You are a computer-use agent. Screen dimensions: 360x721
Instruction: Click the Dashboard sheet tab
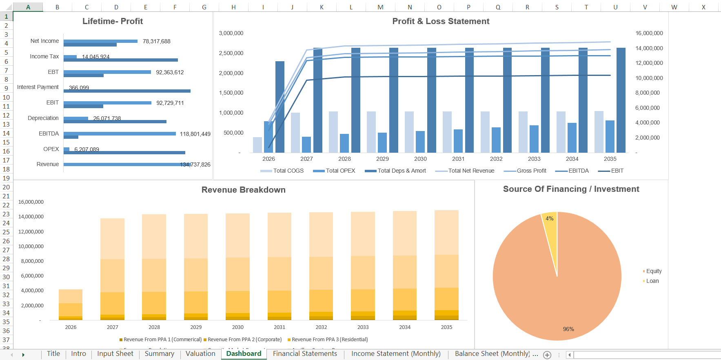(x=244, y=354)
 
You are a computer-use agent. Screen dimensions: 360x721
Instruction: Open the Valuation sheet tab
(x=200, y=354)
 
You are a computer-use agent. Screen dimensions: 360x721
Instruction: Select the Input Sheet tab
(x=115, y=354)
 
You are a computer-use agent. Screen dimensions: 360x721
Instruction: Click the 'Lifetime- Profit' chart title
(x=113, y=21)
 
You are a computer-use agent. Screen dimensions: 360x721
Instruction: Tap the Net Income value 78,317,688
(x=156, y=41)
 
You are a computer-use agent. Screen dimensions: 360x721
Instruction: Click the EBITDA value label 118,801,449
(x=195, y=134)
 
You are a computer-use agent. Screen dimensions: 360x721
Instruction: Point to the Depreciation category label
(x=43, y=118)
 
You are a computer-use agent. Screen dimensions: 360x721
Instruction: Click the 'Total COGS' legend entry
(x=288, y=171)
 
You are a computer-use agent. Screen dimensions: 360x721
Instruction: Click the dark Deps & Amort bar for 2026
(x=280, y=107)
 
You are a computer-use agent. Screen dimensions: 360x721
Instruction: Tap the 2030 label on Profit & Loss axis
(x=420, y=159)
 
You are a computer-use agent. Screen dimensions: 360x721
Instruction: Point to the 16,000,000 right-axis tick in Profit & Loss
(x=649, y=33)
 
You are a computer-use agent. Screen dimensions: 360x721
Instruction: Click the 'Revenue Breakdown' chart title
(x=243, y=190)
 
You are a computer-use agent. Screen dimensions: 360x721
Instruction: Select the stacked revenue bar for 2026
(x=71, y=304)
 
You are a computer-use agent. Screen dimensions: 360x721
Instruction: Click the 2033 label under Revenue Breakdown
(x=363, y=327)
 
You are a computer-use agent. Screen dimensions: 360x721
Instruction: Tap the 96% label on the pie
(x=568, y=329)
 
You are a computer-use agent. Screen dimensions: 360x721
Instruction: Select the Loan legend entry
(x=652, y=281)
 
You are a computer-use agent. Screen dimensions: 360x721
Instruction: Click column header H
(x=233, y=7)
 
